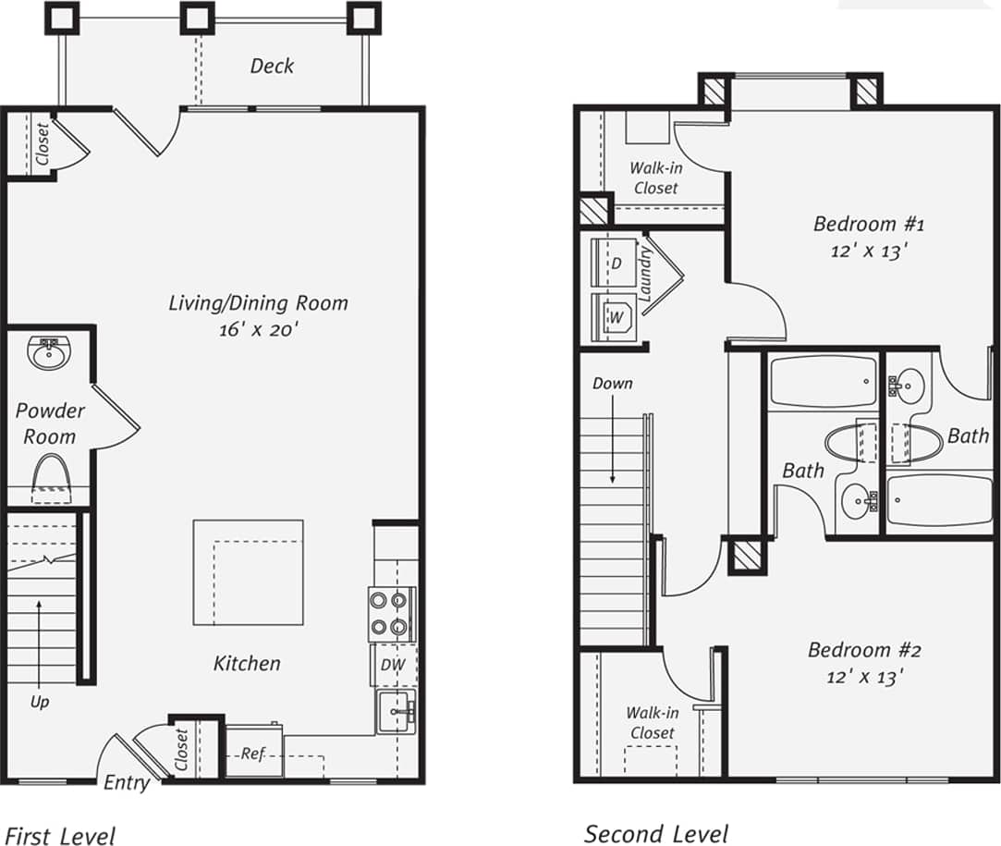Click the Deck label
(x=272, y=66)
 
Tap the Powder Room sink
(x=47, y=352)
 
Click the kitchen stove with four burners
(x=388, y=614)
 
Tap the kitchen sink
(x=396, y=711)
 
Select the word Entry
(x=126, y=783)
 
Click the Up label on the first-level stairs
(x=40, y=702)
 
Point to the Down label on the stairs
(x=612, y=382)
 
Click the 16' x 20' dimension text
(x=259, y=329)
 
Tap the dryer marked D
(x=614, y=263)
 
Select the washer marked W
(x=614, y=317)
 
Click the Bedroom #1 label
(x=868, y=223)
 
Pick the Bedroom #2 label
(x=863, y=649)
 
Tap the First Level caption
(x=61, y=836)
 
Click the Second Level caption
(x=655, y=833)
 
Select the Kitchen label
(x=247, y=663)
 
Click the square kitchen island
(x=248, y=572)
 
